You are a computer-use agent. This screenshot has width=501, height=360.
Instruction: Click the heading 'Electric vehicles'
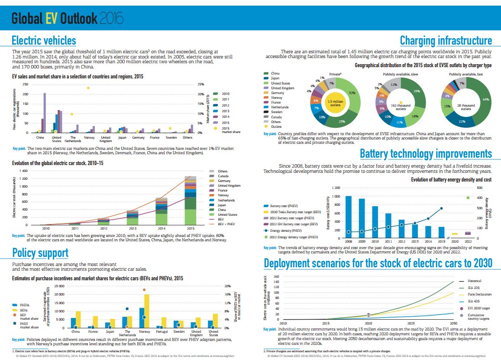[x=44, y=41]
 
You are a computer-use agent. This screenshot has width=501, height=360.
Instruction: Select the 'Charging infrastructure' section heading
[x=446, y=41]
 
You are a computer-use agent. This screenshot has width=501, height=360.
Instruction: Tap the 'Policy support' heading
[x=40, y=253]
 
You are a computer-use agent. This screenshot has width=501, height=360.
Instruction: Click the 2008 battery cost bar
[x=348, y=217]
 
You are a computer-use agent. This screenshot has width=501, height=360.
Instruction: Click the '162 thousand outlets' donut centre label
[x=401, y=107]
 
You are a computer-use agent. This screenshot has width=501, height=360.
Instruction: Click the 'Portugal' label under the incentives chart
[x=161, y=331]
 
